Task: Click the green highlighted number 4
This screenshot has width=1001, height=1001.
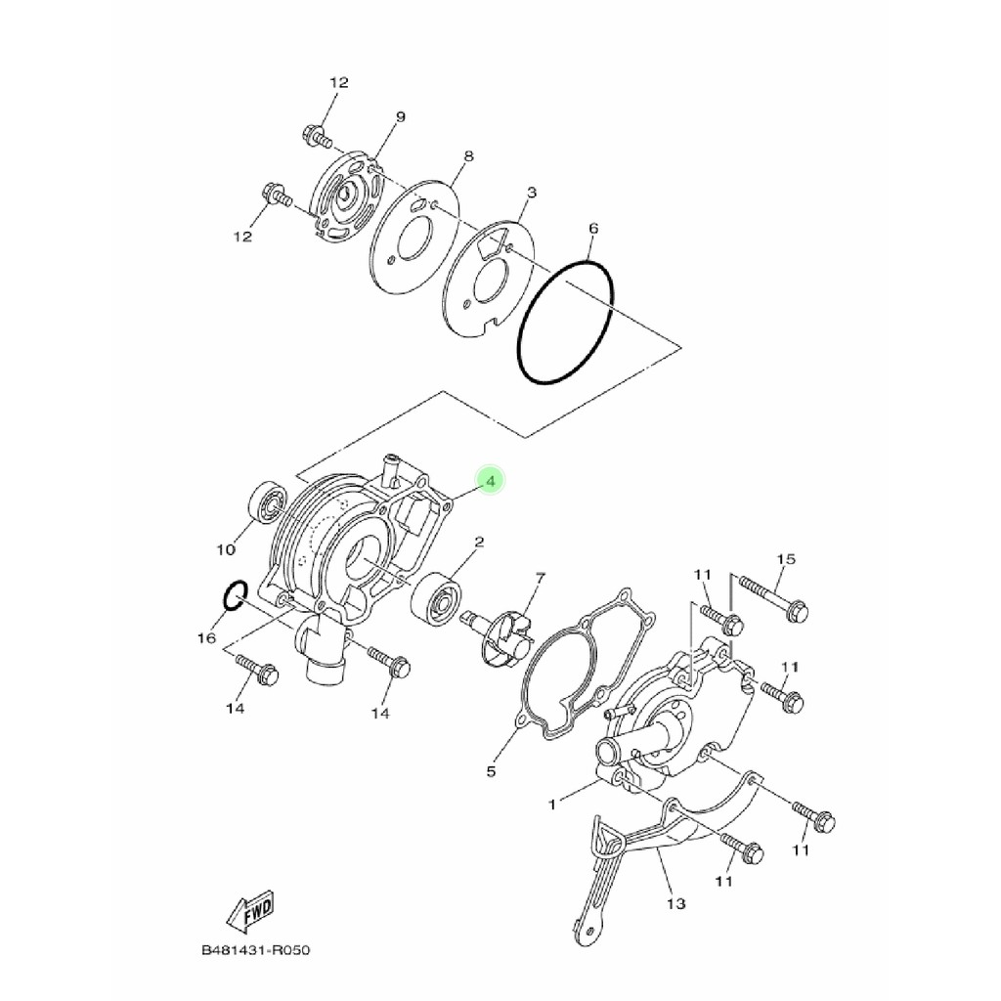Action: [x=491, y=481]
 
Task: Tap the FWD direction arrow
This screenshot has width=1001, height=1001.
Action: [x=250, y=910]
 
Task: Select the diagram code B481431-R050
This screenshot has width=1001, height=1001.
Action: [x=255, y=950]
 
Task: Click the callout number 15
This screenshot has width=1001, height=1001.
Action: [x=787, y=559]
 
